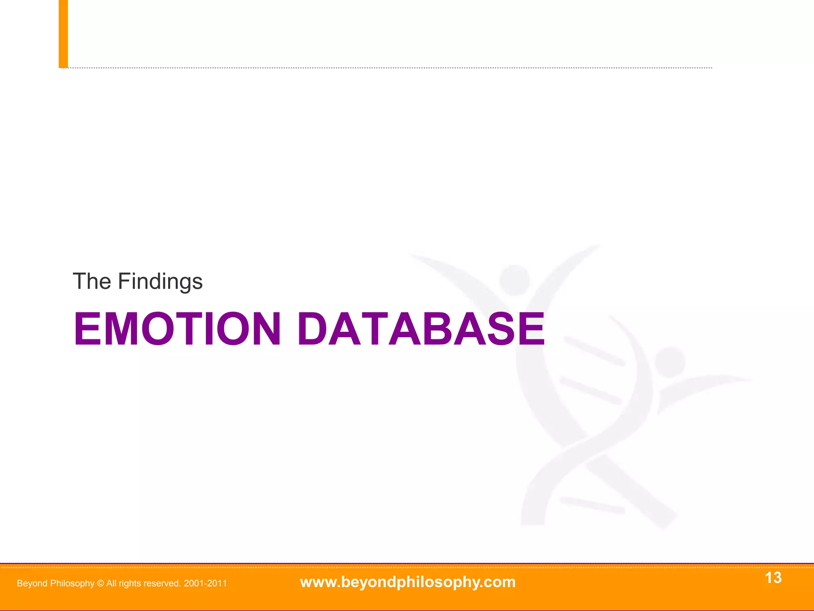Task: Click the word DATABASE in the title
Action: [421, 329]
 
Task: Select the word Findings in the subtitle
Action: [160, 282]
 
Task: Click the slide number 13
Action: [773, 578]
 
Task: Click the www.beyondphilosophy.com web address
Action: [408, 582]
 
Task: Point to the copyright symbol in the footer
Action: [100, 584]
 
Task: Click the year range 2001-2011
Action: [205, 584]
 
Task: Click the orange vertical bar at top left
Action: [63, 34]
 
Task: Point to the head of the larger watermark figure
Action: [514, 280]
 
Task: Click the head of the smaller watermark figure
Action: [670, 362]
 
